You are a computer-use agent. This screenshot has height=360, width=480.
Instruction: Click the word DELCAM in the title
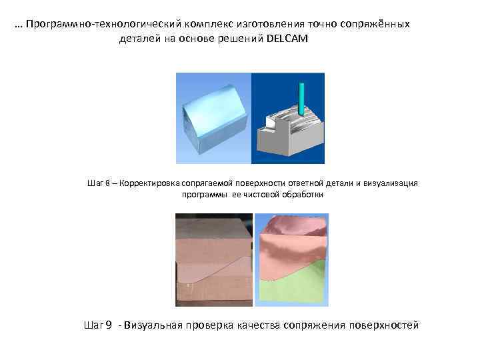[287, 39]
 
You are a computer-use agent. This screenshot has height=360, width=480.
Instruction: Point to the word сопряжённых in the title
[378, 24]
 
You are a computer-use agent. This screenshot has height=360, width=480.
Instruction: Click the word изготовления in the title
[254, 24]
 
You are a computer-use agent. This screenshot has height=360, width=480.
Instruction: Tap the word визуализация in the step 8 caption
[391, 183]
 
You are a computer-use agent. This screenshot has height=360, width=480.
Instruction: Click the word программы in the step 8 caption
[205, 195]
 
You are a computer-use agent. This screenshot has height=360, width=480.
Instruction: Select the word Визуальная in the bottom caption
[152, 325]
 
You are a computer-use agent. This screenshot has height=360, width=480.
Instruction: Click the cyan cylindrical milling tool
[303, 100]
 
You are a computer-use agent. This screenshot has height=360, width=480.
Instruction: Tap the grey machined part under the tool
[293, 137]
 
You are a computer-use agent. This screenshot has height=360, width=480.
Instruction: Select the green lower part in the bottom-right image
[300, 287]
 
